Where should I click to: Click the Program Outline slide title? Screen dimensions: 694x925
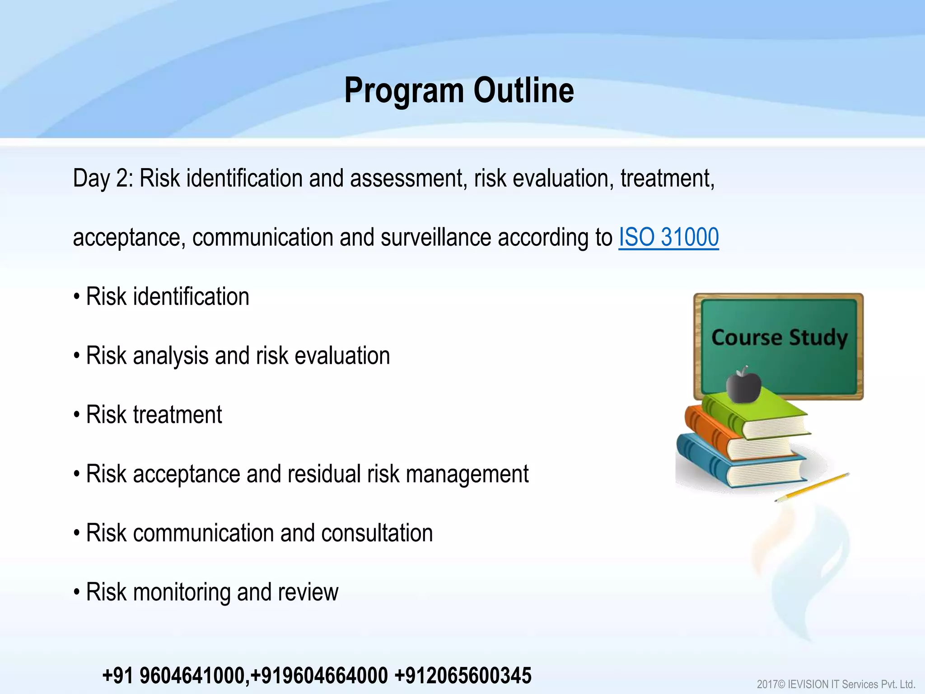[x=459, y=90]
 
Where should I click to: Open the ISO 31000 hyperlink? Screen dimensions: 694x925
[x=668, y=237]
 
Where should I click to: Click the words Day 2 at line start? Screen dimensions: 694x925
[x=103, y=178]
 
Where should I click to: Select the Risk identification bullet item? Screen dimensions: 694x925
[x=167, y=297]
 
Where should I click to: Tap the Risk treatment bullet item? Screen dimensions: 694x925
[x=154, y=415]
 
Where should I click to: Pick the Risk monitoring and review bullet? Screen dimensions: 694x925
[x=211, y=592]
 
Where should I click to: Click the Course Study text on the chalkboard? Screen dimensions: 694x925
[x=779, y=338]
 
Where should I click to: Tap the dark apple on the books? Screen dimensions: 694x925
[x=743, y=385]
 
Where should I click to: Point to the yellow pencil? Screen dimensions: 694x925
[x=813, y=487]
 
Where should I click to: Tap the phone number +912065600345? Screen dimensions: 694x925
[x=463, y=675]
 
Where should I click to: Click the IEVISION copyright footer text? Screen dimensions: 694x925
[x=836, y=684]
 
